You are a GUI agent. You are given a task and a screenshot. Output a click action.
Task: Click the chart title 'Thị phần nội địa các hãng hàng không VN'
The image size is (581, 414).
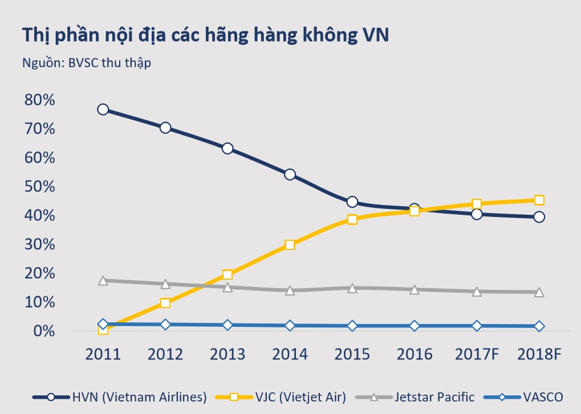tap(205, 35)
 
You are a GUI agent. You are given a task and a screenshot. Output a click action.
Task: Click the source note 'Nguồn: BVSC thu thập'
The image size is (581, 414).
tap(87, 63)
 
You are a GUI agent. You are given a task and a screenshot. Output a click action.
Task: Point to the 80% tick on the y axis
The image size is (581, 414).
tap(39, 100)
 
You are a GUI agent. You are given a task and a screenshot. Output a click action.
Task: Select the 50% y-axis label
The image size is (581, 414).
tap(39, 187)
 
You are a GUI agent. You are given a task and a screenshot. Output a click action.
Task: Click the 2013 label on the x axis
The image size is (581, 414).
tap(227, 354)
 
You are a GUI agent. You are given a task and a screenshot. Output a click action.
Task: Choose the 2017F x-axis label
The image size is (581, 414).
tap(477, 354)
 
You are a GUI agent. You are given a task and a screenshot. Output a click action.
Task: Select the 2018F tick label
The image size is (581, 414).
tap(539, 354)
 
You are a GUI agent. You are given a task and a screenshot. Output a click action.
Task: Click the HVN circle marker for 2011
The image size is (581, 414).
tap(103, 109)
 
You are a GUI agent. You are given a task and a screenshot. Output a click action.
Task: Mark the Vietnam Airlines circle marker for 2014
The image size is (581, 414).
tap(290, 174)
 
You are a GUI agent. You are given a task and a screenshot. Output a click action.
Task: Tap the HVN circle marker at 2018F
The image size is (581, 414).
tap(539, 216)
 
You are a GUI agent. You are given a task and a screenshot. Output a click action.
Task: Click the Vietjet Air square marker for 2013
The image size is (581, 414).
tap(227, 275)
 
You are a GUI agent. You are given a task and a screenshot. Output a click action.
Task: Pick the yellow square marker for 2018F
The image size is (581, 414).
tap(539, 200)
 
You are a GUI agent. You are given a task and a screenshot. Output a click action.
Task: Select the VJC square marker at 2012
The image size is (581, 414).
tap(165, 303)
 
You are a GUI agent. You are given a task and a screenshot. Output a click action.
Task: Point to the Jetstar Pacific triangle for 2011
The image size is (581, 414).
tap(103, 280)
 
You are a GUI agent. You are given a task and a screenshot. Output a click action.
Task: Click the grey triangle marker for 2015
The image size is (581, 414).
tap(352, 288)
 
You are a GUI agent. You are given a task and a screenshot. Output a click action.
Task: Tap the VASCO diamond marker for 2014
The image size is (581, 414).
tap(290, 326)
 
